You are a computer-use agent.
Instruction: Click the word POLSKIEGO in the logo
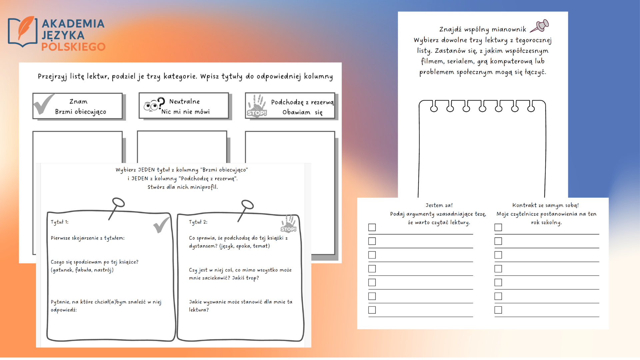click(x=73, y=47)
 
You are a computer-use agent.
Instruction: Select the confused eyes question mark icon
click(x=154, y=104)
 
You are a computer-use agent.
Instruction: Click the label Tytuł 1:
click(x=59, y=222)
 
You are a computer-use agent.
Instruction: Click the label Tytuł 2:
click(x=198, y=222)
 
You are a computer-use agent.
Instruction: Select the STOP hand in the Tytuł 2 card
click(x=289, y=223)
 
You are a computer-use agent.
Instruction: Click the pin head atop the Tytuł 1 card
click(x=118, y=202)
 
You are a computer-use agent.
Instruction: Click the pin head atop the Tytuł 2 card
click(x=247, y=204)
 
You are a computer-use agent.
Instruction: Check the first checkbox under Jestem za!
click(x=372, y=227)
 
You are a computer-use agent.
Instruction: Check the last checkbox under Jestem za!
click(x=372, y=310)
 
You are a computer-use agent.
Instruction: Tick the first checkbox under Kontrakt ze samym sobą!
click(x=498, y=227)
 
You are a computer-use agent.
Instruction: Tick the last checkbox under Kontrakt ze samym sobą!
click(x=498, y=310)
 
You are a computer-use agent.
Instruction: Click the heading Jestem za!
click(x=439, y=205)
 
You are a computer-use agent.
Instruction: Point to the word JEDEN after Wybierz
click(x=146, y=170)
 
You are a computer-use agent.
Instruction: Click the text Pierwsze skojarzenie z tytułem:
click(x=88, y=238)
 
